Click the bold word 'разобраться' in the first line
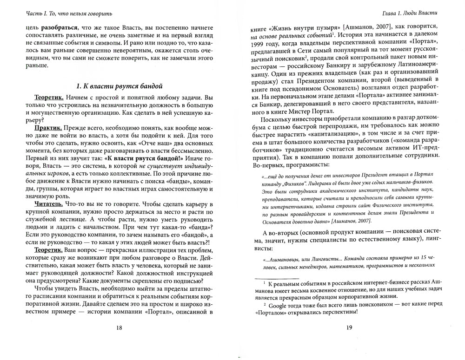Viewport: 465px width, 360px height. pos(61,27)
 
